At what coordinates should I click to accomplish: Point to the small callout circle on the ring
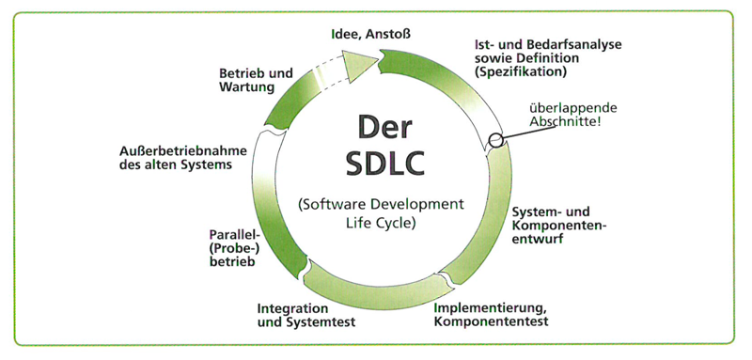point(495,141)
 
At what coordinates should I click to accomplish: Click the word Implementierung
point(490,306)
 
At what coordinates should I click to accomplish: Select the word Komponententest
point(491,321)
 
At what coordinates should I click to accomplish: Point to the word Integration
point(292,308)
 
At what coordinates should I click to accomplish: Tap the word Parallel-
point(233,235)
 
